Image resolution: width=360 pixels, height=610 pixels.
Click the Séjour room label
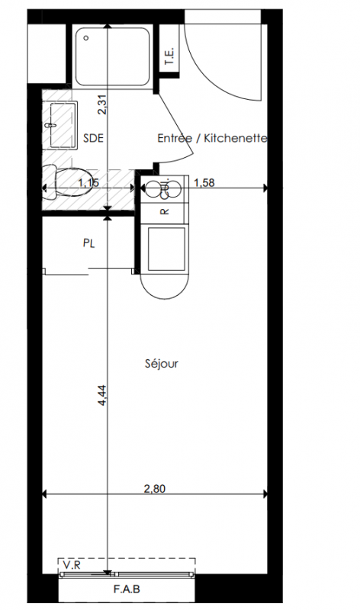162,364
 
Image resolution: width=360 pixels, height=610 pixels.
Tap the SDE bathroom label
93,138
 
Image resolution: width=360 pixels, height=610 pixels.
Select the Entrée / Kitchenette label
212,138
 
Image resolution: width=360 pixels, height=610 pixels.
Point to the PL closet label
89,243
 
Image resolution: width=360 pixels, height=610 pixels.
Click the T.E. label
169,56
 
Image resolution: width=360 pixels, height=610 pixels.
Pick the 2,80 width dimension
155,488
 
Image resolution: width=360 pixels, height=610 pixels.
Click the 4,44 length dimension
102,395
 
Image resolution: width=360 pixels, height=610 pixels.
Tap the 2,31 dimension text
102,104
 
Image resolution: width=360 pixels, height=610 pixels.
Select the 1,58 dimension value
204,182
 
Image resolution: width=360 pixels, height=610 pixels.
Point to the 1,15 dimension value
88,182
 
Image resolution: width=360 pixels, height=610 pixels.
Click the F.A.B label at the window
127,589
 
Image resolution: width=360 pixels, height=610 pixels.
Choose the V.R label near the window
71,565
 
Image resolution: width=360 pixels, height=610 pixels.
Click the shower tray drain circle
86,38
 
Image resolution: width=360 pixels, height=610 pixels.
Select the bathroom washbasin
64,125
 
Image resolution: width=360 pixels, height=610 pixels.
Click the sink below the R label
166,249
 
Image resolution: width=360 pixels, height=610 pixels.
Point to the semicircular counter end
164,287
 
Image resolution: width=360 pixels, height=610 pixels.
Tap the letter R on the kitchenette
165,212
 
